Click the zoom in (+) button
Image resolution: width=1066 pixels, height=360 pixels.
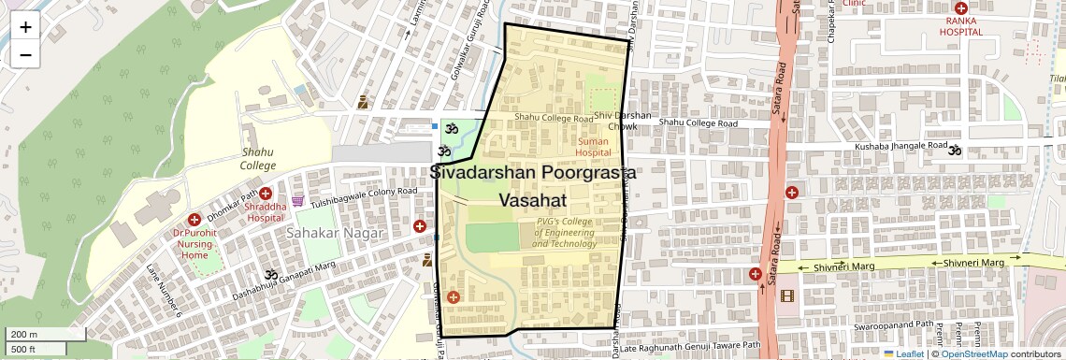point(25,27)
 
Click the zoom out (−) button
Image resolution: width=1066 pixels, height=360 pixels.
point(25,54)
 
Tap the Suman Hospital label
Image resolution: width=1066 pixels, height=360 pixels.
point(593,146)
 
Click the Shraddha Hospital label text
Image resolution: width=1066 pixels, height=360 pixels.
point(266,211)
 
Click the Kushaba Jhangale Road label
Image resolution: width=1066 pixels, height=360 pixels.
point(900,147)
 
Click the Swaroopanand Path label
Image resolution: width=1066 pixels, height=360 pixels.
point(893,330)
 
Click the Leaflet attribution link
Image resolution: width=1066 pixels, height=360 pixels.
point(903,353)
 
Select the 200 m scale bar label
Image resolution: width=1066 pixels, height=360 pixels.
point(23,335)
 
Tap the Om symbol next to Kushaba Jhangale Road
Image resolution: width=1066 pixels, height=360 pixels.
point(955,148)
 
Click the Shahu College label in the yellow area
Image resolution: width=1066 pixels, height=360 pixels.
point(258,159)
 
